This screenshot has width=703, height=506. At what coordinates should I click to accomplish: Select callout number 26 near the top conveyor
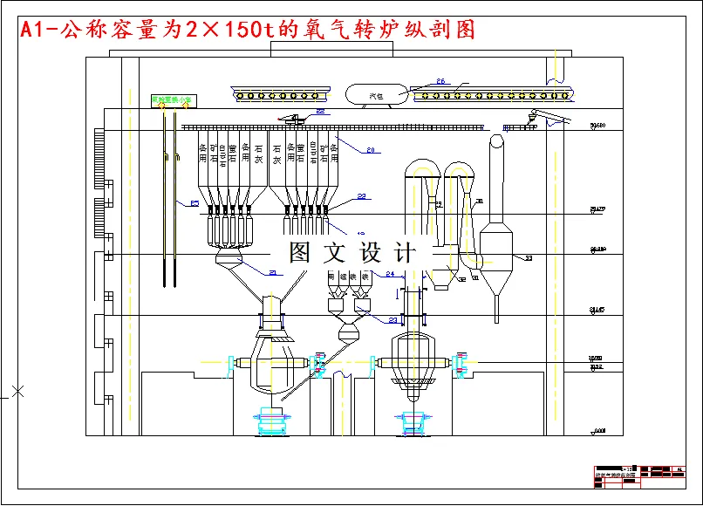(440, 82)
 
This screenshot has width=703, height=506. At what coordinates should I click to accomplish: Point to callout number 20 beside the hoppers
(370, 150)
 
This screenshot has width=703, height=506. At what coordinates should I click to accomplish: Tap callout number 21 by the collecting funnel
(272, 273)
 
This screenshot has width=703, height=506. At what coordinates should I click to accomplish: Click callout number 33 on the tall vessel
(528, 258)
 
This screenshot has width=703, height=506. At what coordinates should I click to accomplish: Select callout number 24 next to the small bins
(390, 274)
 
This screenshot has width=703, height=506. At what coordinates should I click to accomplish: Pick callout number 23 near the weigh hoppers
(392, 320)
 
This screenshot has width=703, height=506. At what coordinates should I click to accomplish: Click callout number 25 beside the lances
(194, 204)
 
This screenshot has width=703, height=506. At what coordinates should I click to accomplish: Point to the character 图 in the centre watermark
(301, 254)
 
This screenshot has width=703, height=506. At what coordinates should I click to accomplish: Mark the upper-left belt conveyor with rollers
(283, 93)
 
